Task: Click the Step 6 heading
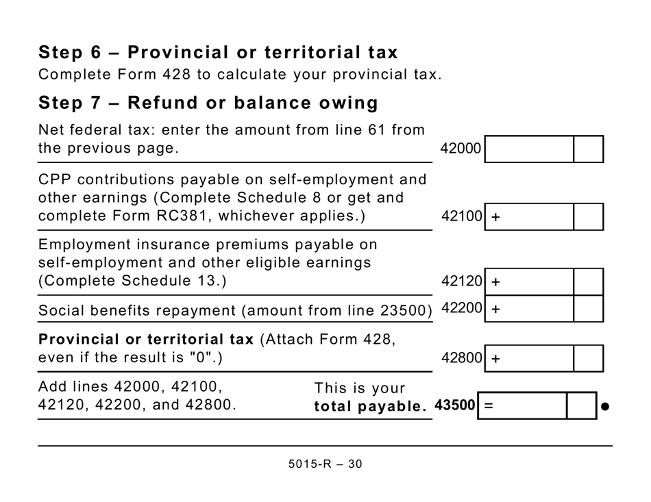(218, 53)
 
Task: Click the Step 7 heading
(208, 103)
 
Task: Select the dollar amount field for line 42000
(529, 149)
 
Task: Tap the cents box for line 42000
(588, 149)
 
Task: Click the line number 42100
(462, 217)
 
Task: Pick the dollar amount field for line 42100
(529, 217)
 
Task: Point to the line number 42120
(462, 281)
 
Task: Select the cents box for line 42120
(588, 281)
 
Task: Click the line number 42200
(462, 308)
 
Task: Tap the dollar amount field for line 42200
(529, 309)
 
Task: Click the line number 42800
(462, 358)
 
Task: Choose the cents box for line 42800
(588, 358)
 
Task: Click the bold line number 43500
(455, 405)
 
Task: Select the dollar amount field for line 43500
(522, 406)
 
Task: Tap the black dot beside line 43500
(605, 407)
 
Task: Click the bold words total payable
(370, 407)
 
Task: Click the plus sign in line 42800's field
(495, 359)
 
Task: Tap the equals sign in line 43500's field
(489, 406)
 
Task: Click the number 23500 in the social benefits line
(405, 310)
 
